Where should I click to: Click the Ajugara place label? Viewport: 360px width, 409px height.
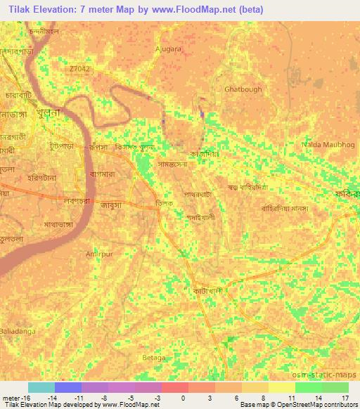click(168, 50)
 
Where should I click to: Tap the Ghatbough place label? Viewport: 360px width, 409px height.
click(243, 90)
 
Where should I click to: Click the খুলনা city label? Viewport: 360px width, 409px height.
click(62, 115)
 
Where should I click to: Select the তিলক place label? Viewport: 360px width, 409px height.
click(165, 203)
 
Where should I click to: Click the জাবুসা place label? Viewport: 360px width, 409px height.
click(112, 207)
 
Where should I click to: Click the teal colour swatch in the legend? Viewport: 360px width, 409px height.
click(41, 387)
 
